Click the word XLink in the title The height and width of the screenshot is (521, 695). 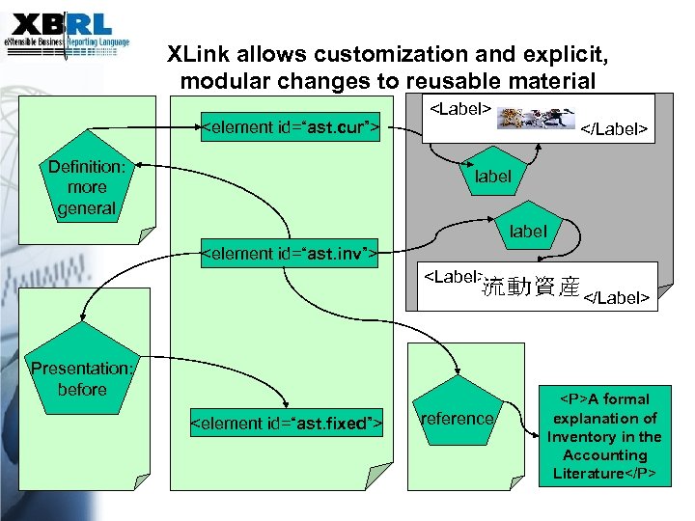tap(197, 54)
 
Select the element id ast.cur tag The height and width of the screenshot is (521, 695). tap(288, 126)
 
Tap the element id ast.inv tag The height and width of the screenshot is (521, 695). tap(288, 254)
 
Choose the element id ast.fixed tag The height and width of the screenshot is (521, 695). tap(288, 423)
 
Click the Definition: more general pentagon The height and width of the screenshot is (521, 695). tap(87, 187)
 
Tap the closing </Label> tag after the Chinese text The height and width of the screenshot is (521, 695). tap(615, 297)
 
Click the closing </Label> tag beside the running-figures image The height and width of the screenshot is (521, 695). tap(613, 128)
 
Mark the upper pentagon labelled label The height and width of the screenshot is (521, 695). tap(492, 177)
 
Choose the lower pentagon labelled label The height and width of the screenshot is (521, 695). tap(528, 232)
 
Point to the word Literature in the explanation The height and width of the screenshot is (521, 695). tap(588, 474)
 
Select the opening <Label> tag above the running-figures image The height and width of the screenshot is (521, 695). tap(461, 108)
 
